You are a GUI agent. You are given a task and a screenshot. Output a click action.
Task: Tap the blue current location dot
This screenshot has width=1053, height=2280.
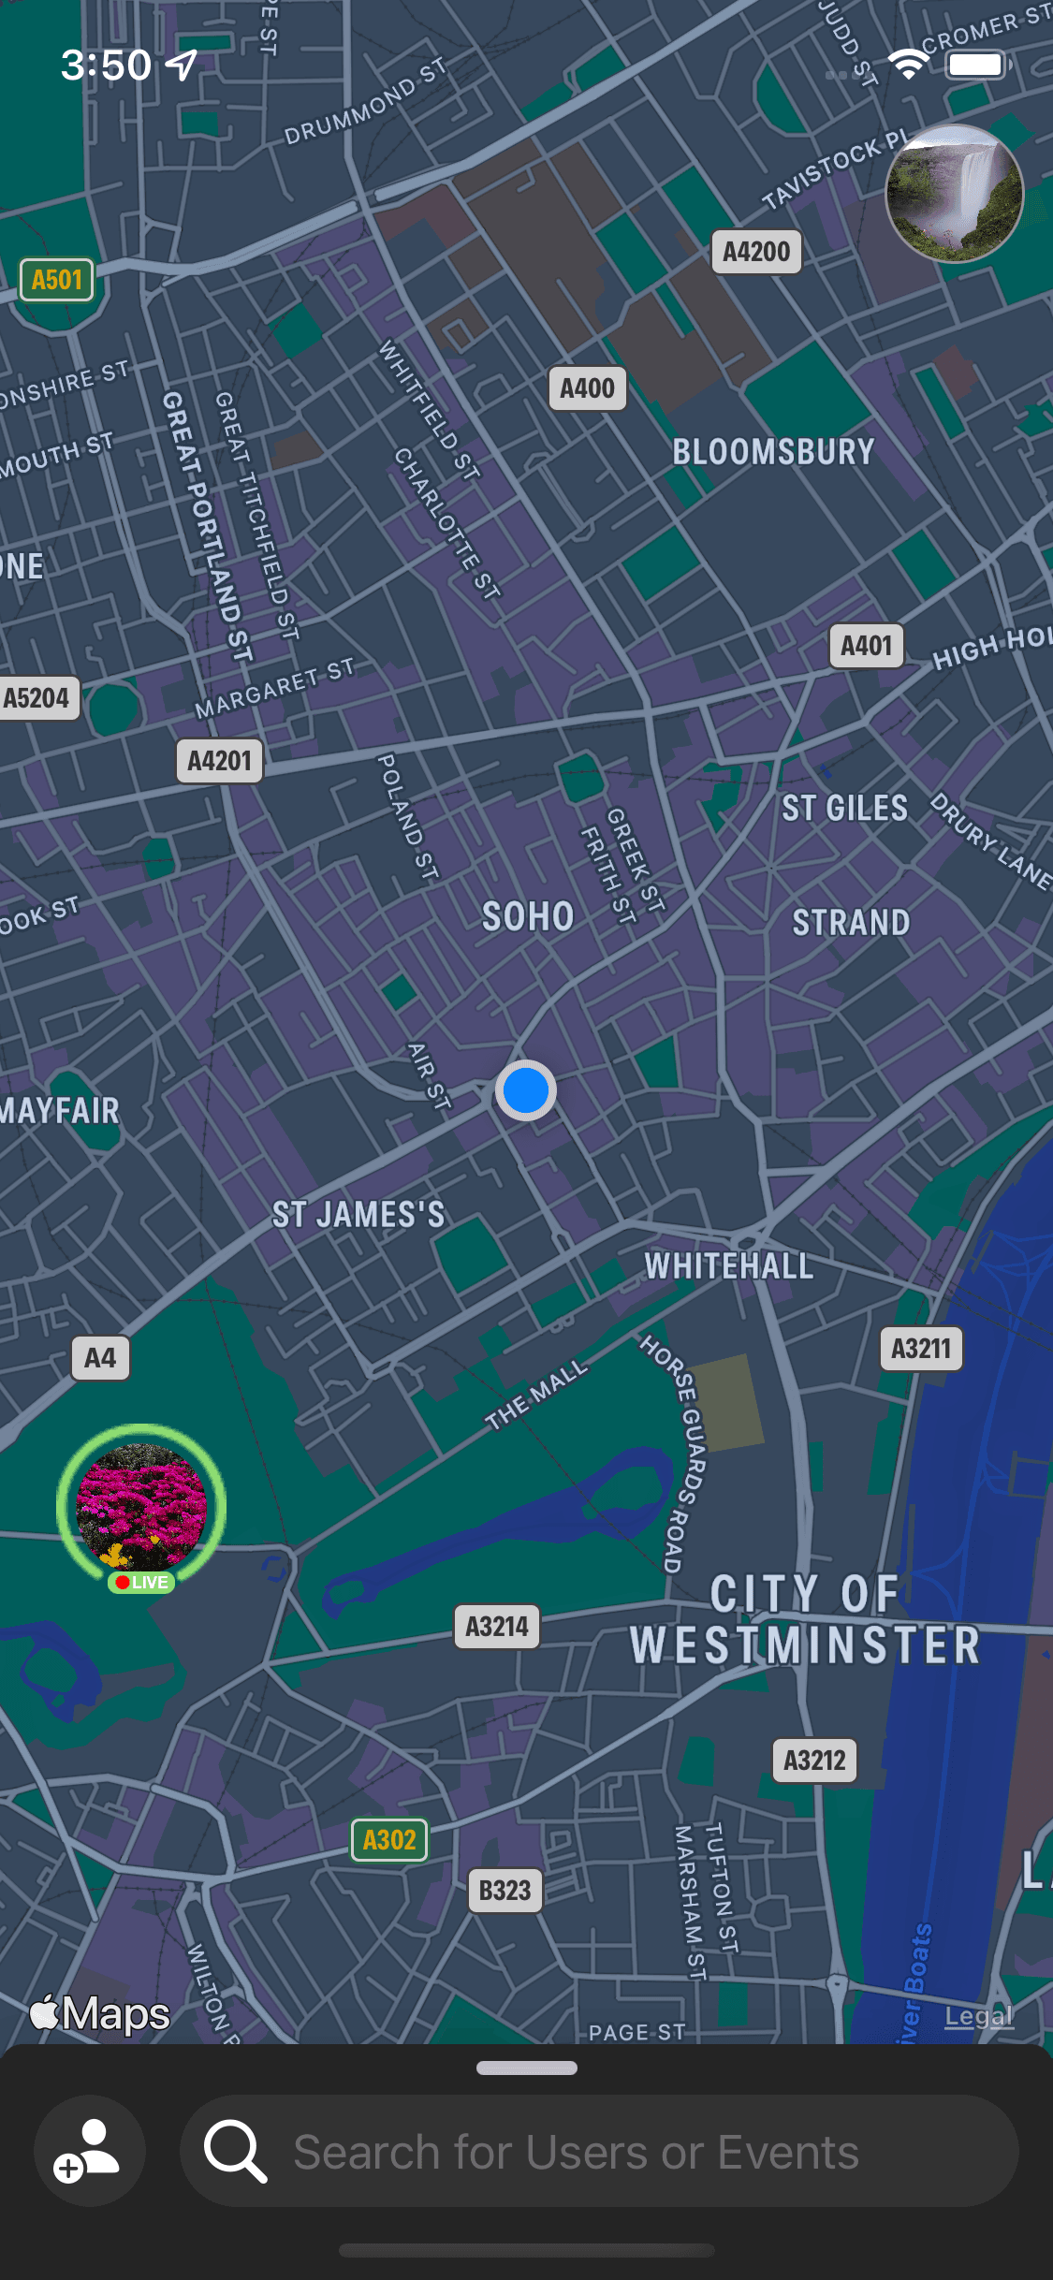point(526,1090)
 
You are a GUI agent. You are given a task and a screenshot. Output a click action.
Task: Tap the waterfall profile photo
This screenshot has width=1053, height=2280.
point(955,193)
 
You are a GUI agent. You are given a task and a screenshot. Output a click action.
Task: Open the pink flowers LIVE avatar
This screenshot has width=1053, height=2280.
point(141,1506)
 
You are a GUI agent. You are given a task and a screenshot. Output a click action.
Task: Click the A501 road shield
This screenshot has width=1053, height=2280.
point(57,280)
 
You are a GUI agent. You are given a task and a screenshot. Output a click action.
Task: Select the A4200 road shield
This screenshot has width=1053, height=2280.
point(756,252)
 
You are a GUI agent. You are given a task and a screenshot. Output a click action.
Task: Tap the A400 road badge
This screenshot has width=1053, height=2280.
point(587,388)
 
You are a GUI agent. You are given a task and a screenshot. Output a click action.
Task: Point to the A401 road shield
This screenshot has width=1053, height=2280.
point(866,646)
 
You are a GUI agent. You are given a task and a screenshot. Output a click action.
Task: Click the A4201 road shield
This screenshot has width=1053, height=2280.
point(220,761)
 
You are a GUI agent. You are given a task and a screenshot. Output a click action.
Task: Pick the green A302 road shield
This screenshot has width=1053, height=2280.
point(389,1840)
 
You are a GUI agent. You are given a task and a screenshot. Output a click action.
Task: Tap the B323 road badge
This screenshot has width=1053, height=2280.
point(505,1891)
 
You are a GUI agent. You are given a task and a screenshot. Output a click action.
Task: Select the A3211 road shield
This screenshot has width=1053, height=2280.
point(921,1349)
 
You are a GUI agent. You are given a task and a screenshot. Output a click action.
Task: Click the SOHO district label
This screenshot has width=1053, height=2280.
point(528,916)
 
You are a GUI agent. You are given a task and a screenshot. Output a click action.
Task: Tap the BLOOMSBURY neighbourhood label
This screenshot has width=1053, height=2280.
point(773,452)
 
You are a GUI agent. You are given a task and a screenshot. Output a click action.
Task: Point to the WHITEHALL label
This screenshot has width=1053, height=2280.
point(729,1266)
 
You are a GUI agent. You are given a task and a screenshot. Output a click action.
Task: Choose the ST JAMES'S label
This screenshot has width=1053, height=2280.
point(358,1215)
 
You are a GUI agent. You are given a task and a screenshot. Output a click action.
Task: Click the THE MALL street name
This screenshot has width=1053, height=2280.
point(536,1394)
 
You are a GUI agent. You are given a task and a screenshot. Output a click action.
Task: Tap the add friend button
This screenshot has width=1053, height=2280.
point(89,2150)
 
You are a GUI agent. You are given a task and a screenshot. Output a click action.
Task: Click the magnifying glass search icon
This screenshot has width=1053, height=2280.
point(235,2151)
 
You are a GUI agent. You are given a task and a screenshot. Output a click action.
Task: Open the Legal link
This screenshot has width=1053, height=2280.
point(978,2015)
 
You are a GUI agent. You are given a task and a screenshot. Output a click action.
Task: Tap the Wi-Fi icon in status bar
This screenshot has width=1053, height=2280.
point(907,65)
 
